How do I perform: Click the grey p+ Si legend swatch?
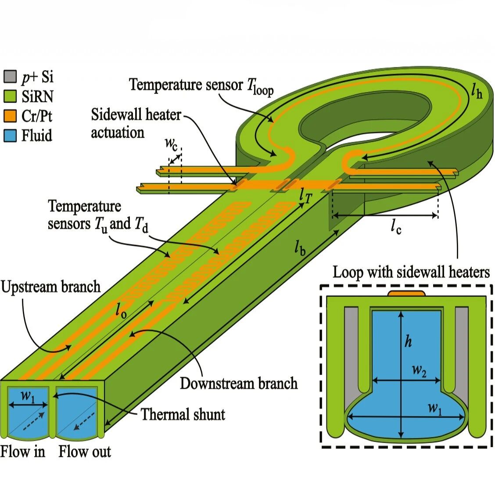click(x=10, y=77)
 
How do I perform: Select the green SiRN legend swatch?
click(x=10, y=96)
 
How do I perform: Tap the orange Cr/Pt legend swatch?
click(x=10, y=116)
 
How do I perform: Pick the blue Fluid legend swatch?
click(x=10, y=136)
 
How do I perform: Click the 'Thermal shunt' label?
click(x=183, y=414)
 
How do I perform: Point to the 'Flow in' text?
click(x=22, y=451)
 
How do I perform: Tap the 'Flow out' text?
click(x=85, y=451)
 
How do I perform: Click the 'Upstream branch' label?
click(x=50, y=287)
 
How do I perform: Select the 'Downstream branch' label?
click(x=239, y=383)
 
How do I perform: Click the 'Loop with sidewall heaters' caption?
click(x=411, y=272)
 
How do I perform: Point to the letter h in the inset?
click(x=408, y=341)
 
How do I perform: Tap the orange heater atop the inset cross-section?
click(x=407, y=293)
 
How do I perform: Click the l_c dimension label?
click(x=396, y=227)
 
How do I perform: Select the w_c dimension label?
click(x=171, y=144)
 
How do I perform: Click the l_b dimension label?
click(x=300, y=247)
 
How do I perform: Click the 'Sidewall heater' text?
click(x=136, y=114)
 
